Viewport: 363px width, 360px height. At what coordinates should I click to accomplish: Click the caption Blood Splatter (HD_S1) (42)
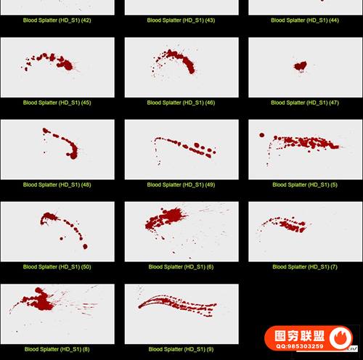pos(57,20)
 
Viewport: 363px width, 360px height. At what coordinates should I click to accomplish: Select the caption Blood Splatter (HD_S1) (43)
pos(181,20)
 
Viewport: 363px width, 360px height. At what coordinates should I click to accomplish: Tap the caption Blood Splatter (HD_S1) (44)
pos(305,20)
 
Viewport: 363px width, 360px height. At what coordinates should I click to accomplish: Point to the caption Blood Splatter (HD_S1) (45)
pos(57,102)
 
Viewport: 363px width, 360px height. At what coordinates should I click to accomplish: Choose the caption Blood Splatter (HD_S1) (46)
pos(181,102)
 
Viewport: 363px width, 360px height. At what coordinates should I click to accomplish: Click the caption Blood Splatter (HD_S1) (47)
pos(305,102)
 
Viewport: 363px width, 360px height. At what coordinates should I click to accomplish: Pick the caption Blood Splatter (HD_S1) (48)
pos(57,185)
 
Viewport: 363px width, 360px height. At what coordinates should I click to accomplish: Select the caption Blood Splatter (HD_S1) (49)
pos(181,185)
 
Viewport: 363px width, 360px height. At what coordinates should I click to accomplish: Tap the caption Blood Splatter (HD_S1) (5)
pos(305,185)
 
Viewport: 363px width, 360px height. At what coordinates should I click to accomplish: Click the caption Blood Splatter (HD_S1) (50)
pos(57,267)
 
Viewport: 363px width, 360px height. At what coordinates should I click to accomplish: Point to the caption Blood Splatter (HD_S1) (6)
pos(181,267)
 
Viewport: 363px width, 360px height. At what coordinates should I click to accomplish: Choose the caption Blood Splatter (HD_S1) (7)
pos(305,267)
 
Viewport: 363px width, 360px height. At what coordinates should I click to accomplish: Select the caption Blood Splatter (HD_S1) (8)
pos(57,349)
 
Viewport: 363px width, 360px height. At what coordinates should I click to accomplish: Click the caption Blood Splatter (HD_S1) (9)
pos(181,349)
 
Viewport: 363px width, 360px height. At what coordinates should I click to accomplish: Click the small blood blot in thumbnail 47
pos(301,66)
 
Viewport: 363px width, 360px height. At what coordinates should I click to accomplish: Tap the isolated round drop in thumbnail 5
pos(261,135)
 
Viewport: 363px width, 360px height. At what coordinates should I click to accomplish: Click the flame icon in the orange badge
pos(341,337)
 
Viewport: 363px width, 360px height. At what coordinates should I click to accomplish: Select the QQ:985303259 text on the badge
pos(300,346)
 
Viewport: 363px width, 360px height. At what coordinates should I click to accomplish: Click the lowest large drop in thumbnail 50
pos(85,247)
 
